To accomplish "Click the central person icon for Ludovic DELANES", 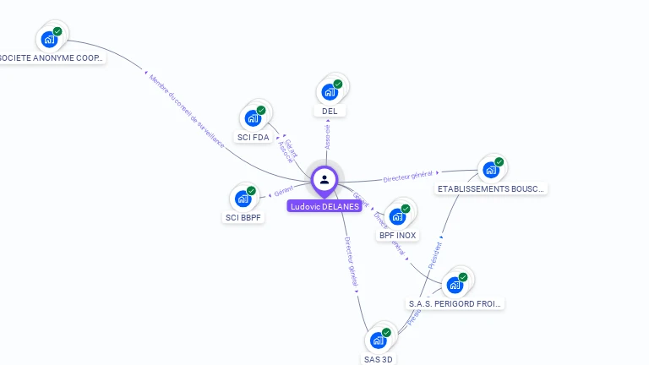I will tap(324, 179).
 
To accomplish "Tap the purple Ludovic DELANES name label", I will tap(324, 206).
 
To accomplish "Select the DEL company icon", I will tap(330, 91).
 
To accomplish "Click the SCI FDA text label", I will tap(253, 137).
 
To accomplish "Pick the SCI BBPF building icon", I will tap(243, 199).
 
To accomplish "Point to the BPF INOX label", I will tap(397, 235).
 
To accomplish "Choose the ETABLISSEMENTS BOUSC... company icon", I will tap(491, 169).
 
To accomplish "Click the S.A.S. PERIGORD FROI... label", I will tap(455, 303).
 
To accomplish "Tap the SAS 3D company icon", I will tap(379, 340).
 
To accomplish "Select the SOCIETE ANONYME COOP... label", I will tap(51, 58).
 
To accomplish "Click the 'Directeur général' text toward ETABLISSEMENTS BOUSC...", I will tap(408, 177).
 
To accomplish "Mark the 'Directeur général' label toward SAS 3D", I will tap(352, 261).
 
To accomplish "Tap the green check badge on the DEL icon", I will tap(338, 84).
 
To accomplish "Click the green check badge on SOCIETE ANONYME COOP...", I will tap(57, 31).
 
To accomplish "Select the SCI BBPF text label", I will tap(243, 217).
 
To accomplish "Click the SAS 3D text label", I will tap(379, 359).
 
